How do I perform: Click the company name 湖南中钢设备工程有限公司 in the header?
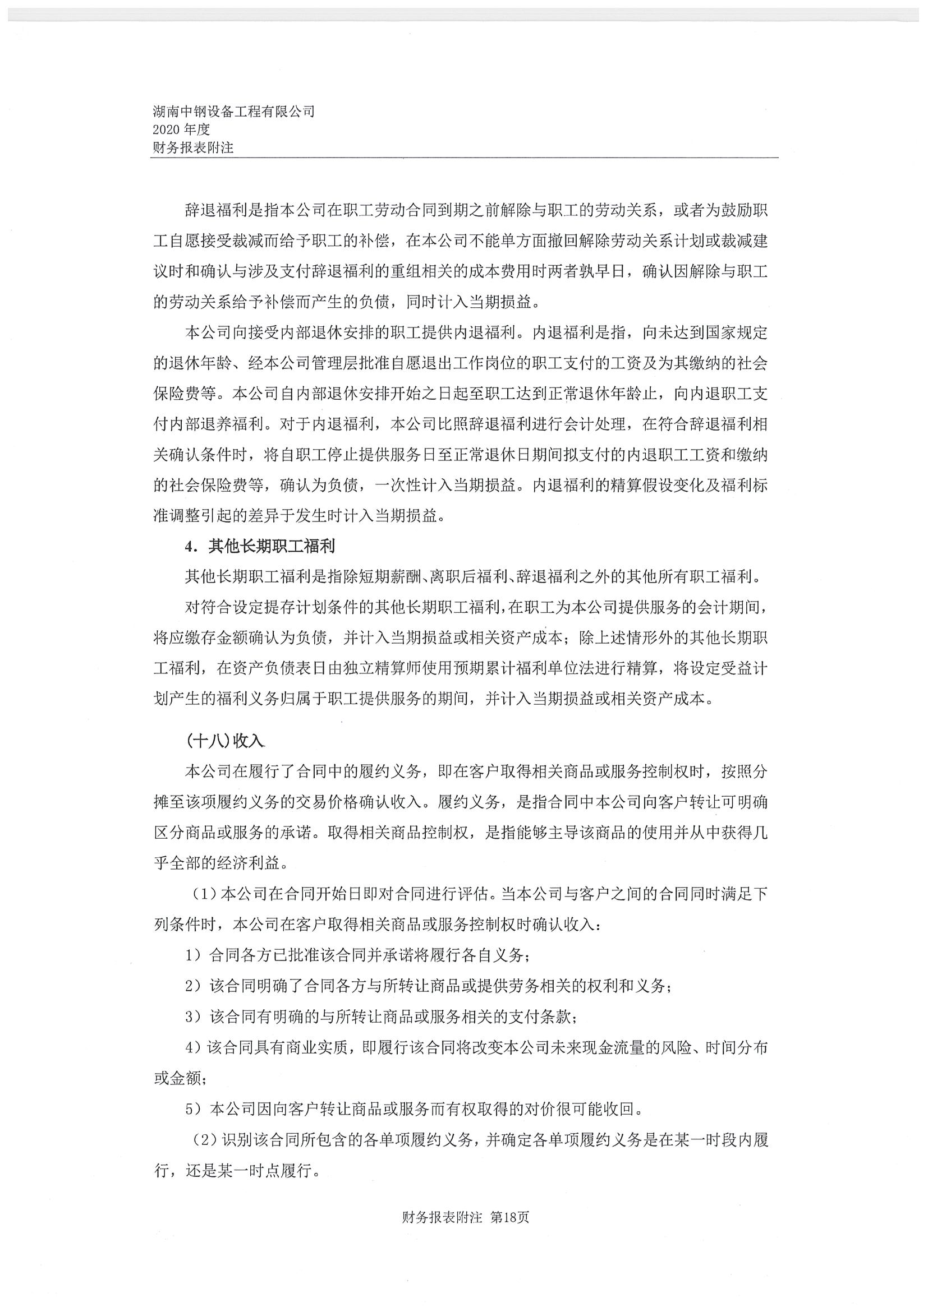[x=234, y=112]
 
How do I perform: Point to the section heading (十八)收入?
[x=225, y=741]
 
